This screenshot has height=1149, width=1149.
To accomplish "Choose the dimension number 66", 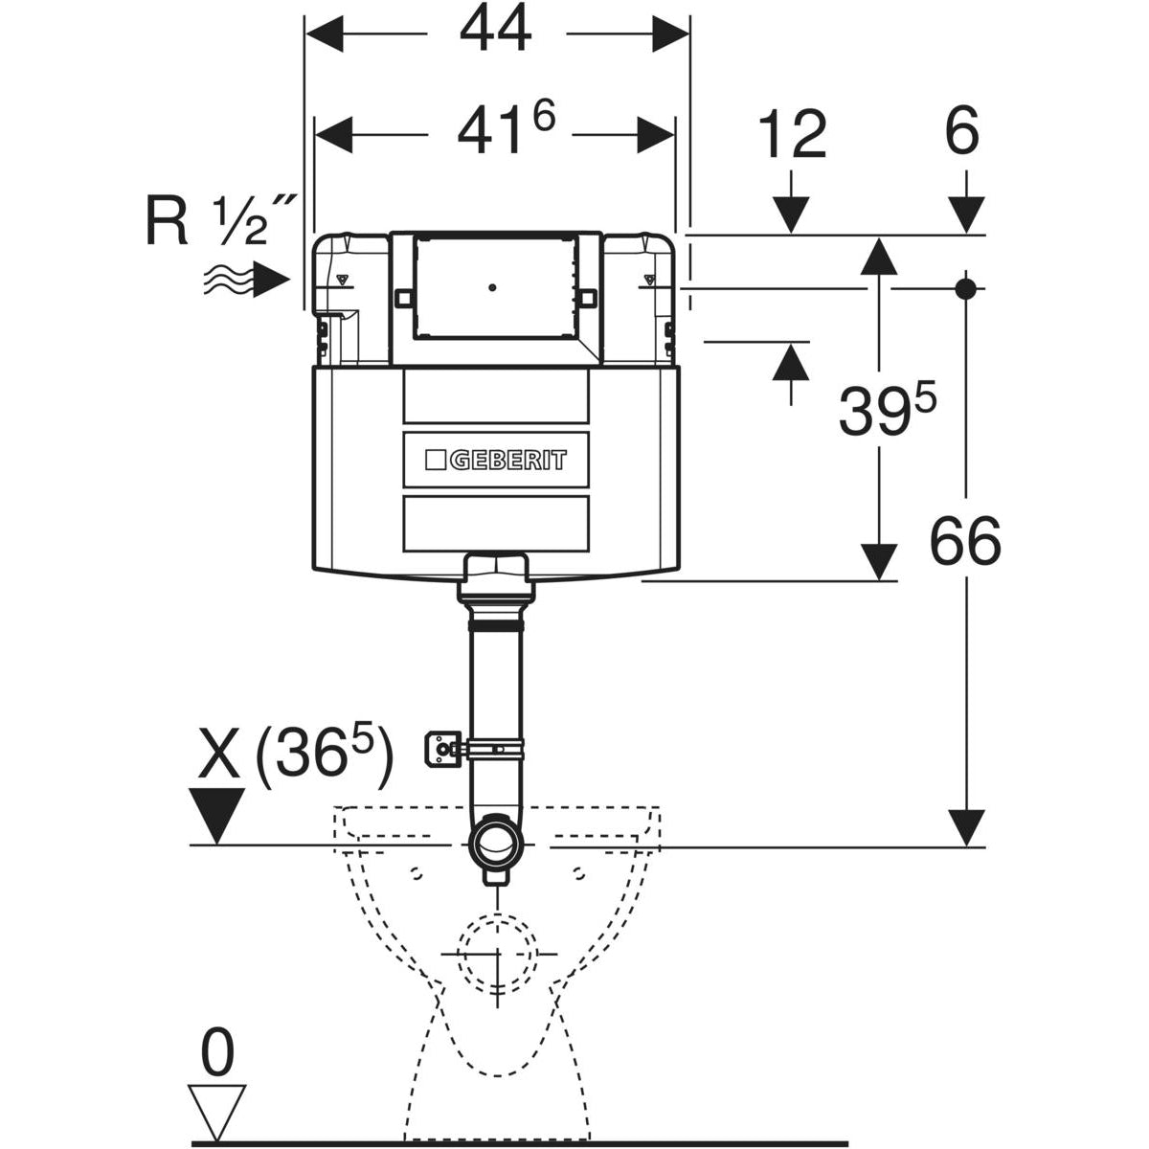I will point(964,542).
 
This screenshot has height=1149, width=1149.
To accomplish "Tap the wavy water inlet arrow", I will point(245,281).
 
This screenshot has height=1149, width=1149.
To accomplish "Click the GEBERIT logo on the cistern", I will point(495,460).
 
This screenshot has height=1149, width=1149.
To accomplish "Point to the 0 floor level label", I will point(218,1055).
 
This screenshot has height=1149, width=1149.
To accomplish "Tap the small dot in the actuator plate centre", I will point(492,286).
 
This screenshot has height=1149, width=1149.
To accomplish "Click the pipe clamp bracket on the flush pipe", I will point(443,748).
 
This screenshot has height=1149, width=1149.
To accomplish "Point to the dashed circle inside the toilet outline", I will point(497,954).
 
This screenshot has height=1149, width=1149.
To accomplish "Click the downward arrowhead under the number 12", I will point(791,213).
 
